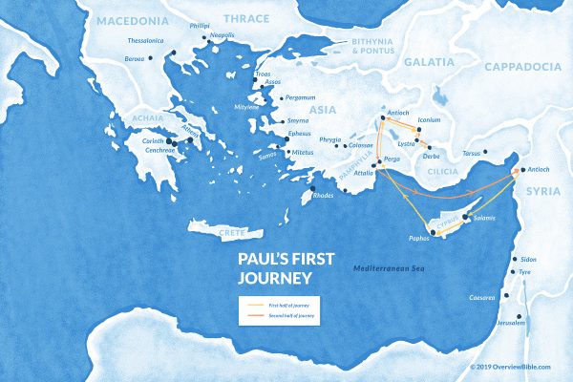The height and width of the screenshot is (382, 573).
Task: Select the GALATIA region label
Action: click(x=431, y=62)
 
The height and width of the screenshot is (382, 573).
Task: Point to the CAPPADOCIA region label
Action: click(x=522, y=66)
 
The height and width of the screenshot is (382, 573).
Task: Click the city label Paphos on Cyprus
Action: click(x=422, y=238)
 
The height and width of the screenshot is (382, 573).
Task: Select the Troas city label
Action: click(x=264, y=73)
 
